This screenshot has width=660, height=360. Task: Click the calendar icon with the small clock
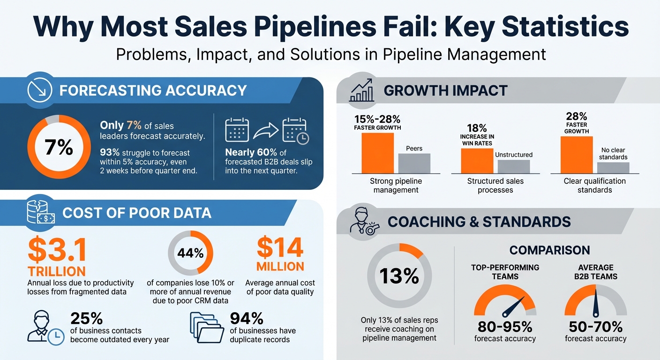[295, 131]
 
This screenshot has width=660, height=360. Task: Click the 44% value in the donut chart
[190, 253]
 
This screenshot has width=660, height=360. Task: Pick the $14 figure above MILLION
[280, 248]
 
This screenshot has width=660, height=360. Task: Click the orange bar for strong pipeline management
[378, 153]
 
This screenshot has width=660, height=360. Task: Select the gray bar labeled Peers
[414, 163]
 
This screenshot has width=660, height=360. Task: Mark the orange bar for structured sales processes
[477, 161]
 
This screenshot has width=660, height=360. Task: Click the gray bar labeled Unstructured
[513, 166]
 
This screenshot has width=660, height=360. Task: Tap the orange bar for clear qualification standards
[577, 155]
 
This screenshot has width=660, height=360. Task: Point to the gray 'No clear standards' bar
[613, 168]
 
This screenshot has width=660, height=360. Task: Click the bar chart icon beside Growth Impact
[361, 90]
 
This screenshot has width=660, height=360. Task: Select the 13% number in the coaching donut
[399, 276]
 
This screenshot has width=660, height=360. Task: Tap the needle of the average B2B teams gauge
[595, 304]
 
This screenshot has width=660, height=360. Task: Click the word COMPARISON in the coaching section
[549, 250]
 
